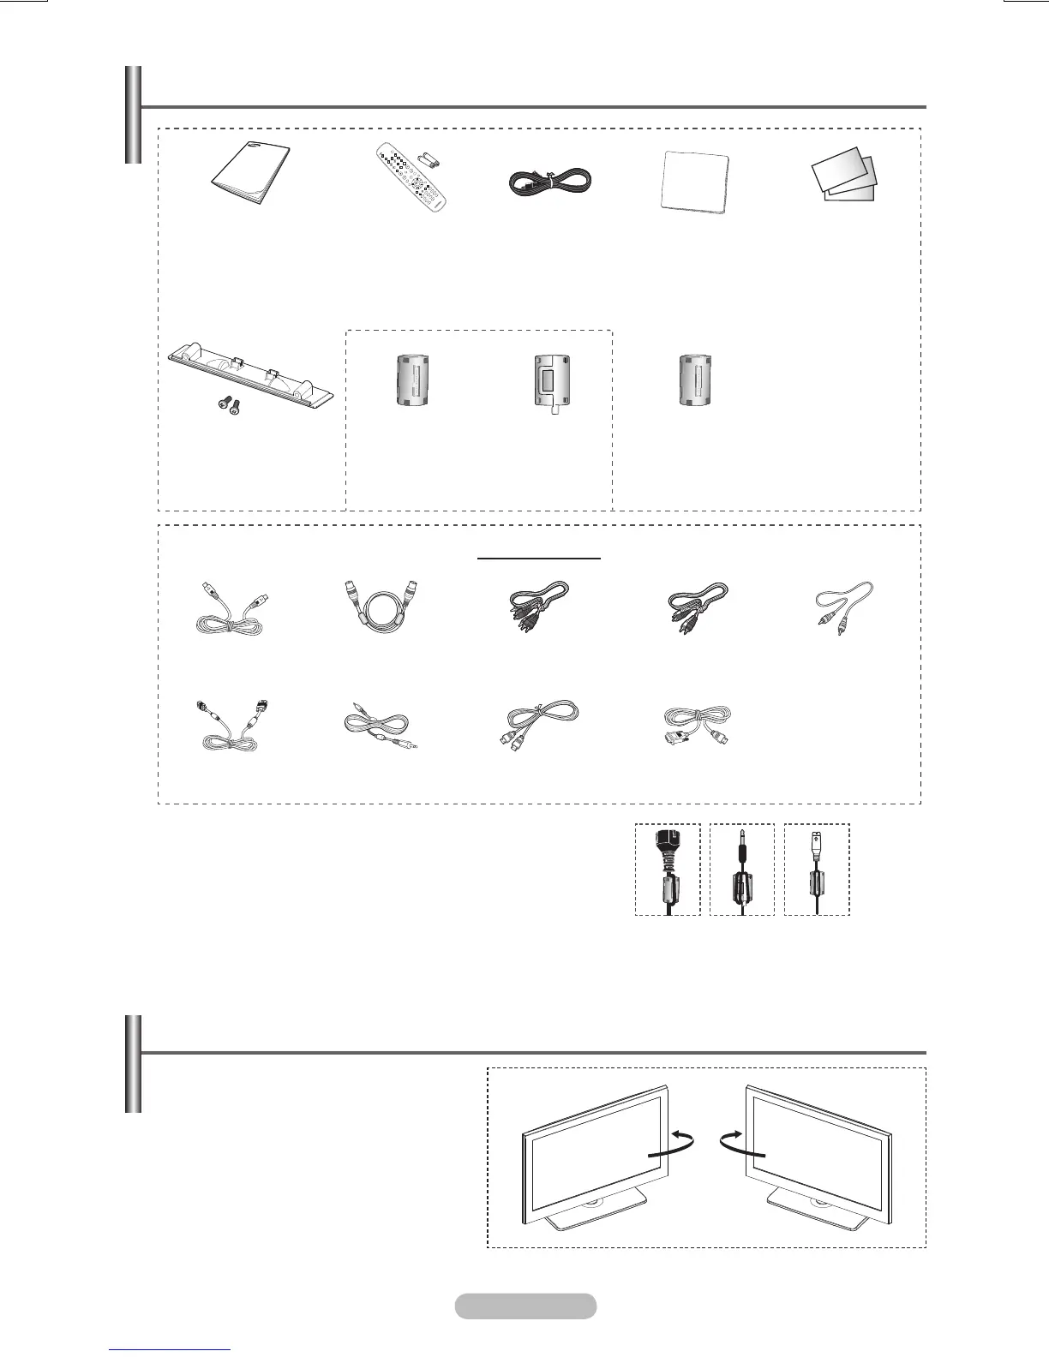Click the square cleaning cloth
[x=695, y=182]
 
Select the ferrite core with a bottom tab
[x=552, y=383]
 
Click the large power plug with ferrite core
[x=668, y=870]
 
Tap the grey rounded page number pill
[x=524, y=1306]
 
